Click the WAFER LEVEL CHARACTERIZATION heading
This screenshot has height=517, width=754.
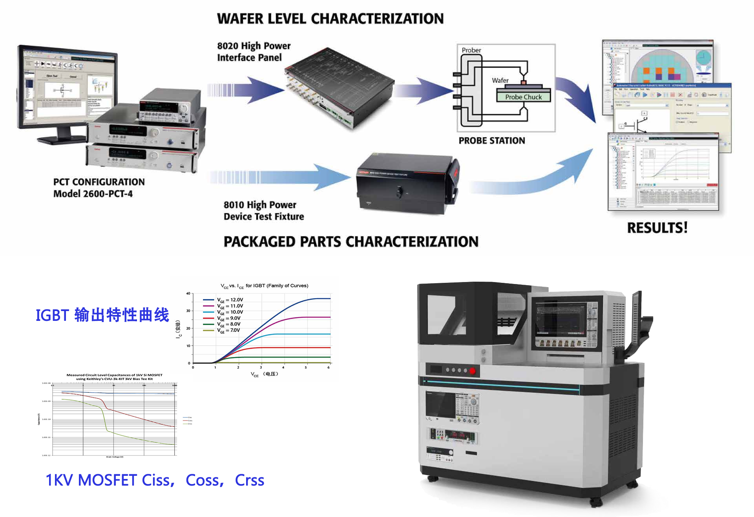tap(330, 19)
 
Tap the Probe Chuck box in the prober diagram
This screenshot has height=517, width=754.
tap(523, 96)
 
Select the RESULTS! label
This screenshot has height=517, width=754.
tap(657, 228)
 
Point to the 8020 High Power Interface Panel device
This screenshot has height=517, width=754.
tap(340, 88)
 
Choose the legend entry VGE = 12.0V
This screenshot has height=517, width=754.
tap(230, 300)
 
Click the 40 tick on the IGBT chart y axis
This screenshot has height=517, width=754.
tap(188, 293)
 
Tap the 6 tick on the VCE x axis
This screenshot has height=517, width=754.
tap(329, 368)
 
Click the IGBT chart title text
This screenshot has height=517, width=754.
tap(264, 286)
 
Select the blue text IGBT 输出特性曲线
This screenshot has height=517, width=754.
tap(102, 315)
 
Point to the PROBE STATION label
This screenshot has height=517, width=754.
tap(492, 140)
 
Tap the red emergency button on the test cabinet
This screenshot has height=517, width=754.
tap(472, 371)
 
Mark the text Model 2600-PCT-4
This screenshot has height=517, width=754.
tap(93, 194)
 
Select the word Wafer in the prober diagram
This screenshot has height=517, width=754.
tap(500, 80)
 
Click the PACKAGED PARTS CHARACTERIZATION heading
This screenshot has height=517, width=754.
tap(351, 242)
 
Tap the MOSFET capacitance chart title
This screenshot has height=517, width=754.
tap(114, 377)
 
